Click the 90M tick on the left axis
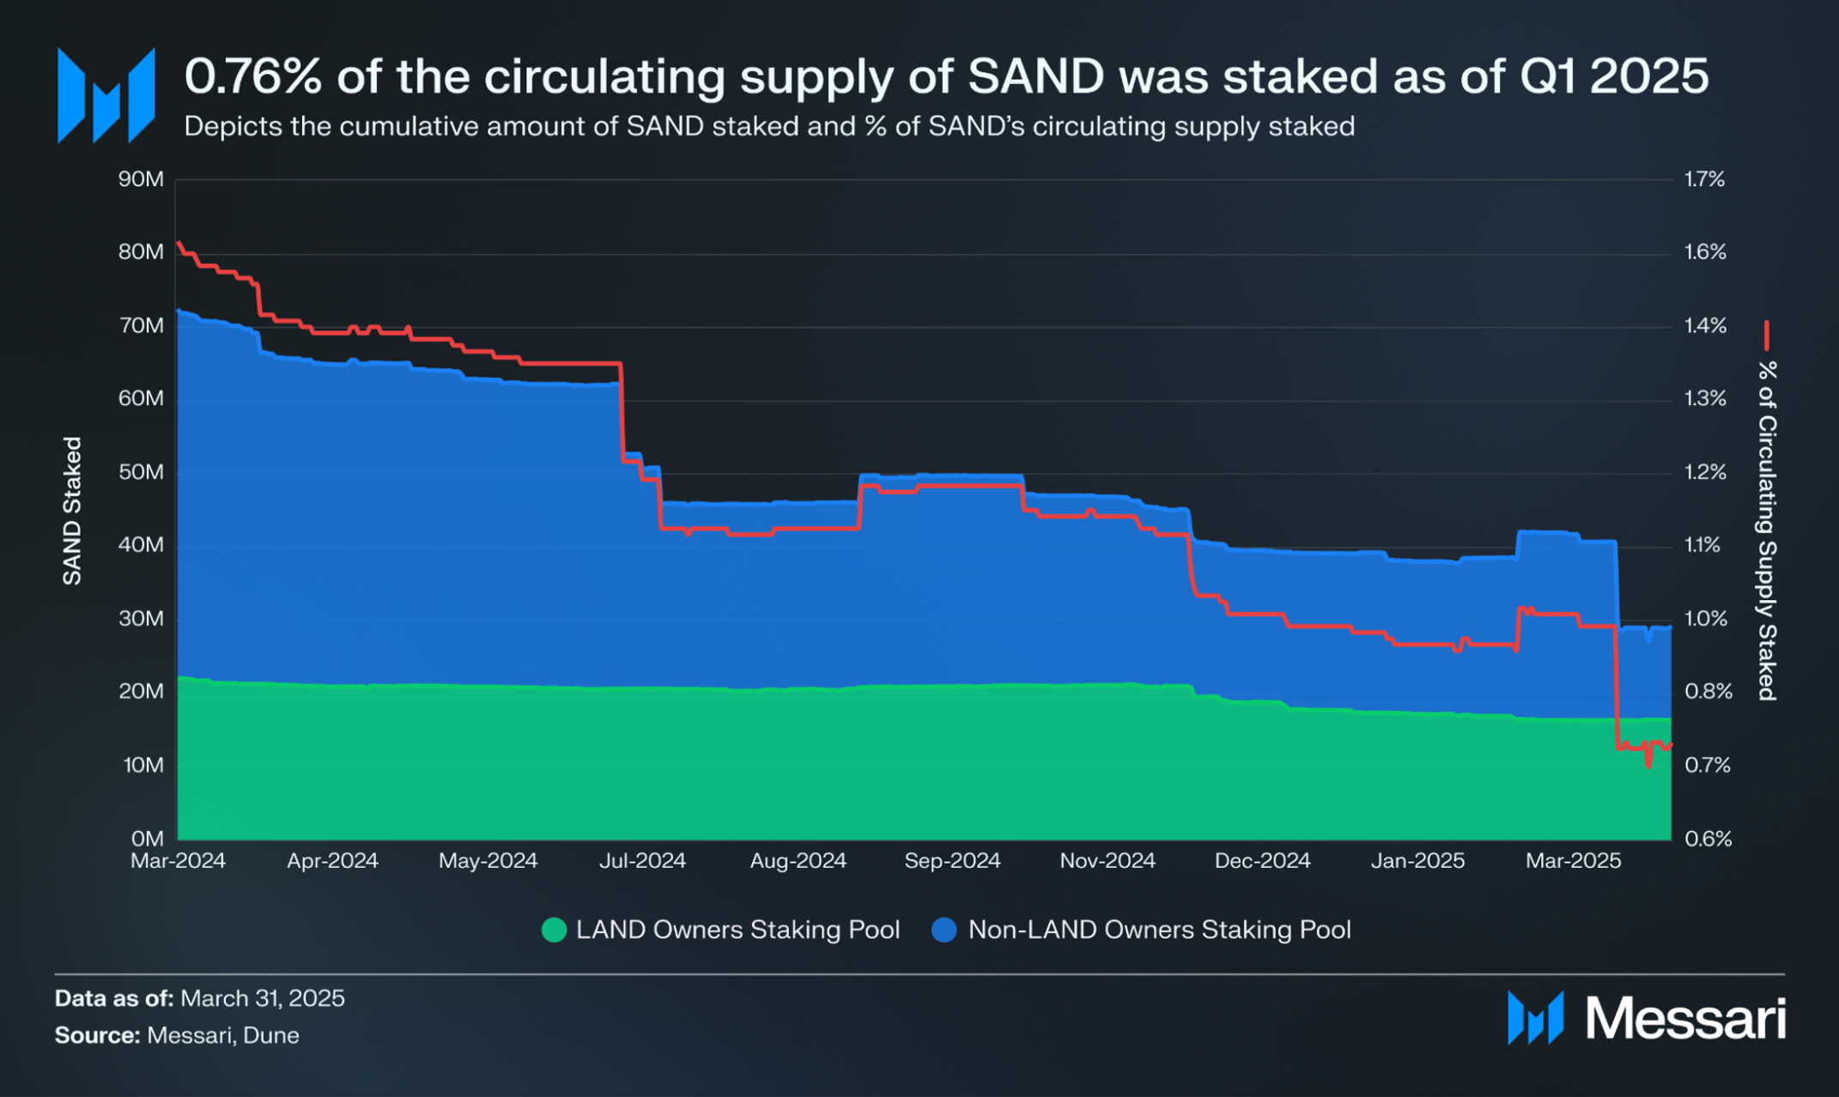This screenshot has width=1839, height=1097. tap(141, 179)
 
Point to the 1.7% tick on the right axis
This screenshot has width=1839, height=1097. tap(1704, 179)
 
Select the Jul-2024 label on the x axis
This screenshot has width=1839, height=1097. tap(642, 861)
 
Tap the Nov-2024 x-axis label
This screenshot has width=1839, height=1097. tap(1108, 861)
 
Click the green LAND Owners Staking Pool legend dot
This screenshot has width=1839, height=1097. tap(555, 930)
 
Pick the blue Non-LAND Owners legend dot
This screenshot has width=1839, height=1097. tap(944, 930)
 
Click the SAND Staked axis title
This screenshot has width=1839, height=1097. tap(72, 511)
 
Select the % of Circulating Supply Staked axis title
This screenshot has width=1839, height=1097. tap(1766, 530)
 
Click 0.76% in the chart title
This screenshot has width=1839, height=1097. tap(253, 76)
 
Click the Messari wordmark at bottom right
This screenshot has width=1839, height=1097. tap(1684, 1019)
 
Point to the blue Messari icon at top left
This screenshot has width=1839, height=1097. tap(106, 95)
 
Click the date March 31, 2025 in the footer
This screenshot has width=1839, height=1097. tap(263, 998)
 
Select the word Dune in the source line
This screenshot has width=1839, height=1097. tap(271, 1035)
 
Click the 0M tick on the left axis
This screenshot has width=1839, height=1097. tap(147, 839)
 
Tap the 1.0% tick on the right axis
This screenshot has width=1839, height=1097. tap(1705, 619)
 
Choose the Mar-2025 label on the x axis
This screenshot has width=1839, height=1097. tap(1573, 861)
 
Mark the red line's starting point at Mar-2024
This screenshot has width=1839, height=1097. tap(179, 244)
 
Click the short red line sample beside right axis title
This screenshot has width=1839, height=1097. tap(1766, 336)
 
